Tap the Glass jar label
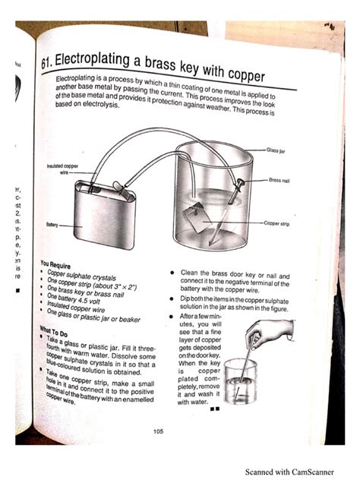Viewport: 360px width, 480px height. [x=276, y=150]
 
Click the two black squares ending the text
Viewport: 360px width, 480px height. [x=215, y=409]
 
